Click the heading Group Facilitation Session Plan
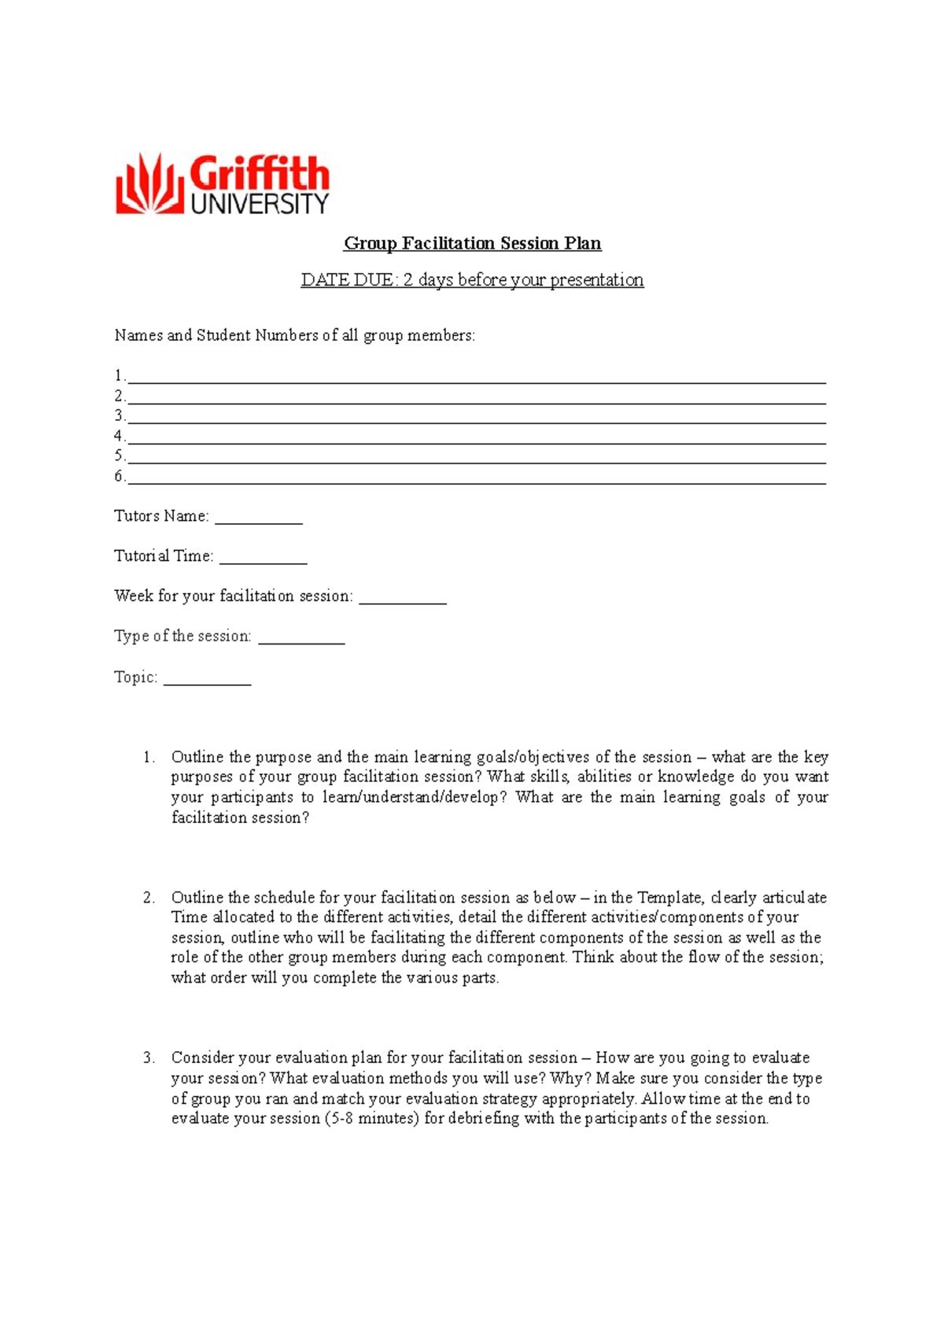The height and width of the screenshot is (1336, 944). click(x=472, y=243)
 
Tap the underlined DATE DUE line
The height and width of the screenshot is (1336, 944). click(x=472, y=280)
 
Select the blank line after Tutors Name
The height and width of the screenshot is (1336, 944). click(x=259, y=519)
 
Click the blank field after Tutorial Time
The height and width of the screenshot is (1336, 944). click(x=263, y=559)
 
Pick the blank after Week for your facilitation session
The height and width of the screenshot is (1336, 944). click(x=402, y=600)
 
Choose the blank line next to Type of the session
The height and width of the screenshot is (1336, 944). click(x=301, y=640)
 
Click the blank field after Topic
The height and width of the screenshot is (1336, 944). click(x=207, y=681)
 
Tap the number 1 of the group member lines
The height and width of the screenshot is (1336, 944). click(x=119, y=375)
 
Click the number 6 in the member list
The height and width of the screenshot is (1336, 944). click(x=119, y=476)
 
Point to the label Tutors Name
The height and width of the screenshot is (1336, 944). click(x=161, y=516)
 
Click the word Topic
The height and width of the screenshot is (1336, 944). click(x=135, y=677)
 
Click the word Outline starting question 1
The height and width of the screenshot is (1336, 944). click(x=197, y=757)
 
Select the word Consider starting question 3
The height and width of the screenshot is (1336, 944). click(x=203, y=1057)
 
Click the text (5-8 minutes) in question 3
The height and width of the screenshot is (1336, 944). click(x=371, y=1118)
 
